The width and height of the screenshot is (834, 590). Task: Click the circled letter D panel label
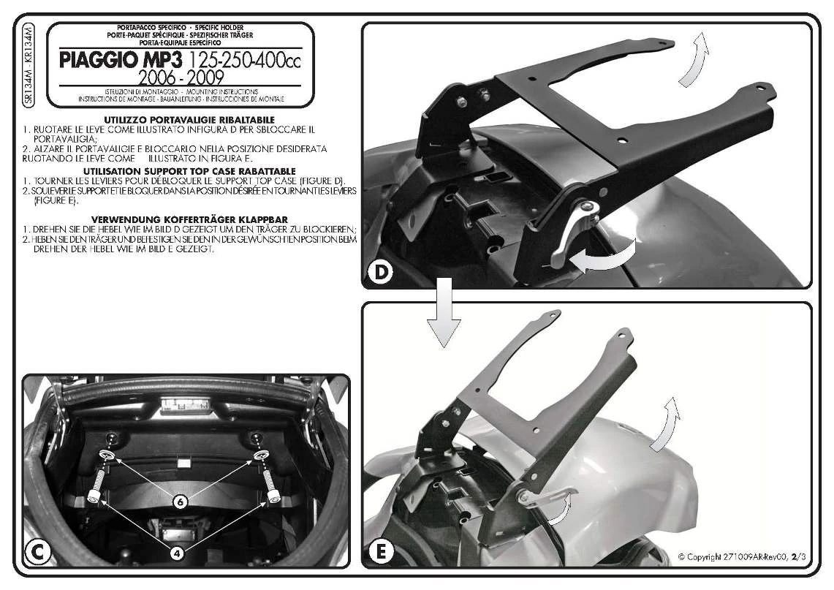tap(380, 272)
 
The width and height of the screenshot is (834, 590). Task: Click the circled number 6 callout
tap(180, 502)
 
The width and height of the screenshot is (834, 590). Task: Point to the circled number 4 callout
tap(177, 553)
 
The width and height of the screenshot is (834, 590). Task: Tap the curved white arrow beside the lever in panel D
tap(604, 260)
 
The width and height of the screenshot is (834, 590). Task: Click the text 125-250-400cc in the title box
tap(245, 60)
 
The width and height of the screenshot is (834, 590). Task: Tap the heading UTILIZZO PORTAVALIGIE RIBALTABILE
tap(189, 118)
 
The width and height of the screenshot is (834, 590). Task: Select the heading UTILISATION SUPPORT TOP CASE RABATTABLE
tap(189, 170)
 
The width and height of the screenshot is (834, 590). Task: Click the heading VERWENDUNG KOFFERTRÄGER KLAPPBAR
tap(189, 219)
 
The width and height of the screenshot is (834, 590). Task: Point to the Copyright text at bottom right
tap(741, 558)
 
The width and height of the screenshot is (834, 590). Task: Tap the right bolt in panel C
tap(273, 487)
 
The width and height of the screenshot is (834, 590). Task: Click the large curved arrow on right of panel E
tap(666, 424)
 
